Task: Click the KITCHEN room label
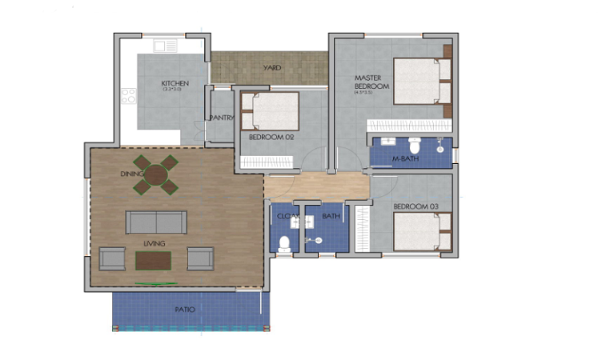(174, 83)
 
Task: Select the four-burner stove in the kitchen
(128, 97)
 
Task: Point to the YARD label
(272, 68)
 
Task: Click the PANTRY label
(221, 118)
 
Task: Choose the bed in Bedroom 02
(270, 111)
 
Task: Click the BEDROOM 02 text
(272, 138)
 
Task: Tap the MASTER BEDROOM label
(371, 82)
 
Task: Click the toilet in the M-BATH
(415, 147)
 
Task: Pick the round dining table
(157, 174)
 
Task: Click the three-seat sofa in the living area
(156, 222)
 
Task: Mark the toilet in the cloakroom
(284, 243)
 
